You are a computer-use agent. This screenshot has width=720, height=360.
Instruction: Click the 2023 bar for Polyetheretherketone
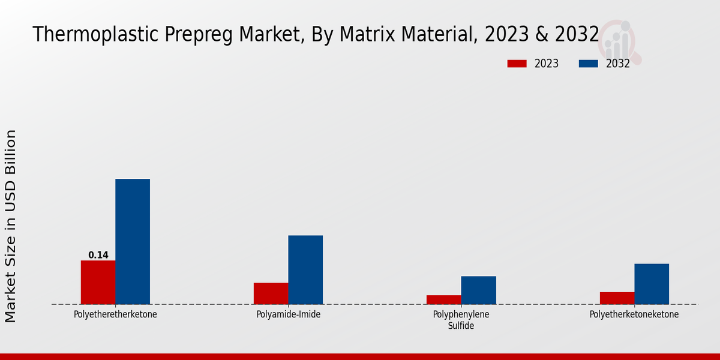tap(98, 282)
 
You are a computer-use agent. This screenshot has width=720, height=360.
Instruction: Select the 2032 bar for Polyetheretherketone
tap(133, 241)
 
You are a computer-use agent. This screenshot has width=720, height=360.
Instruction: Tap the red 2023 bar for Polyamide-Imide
tap(271, 293)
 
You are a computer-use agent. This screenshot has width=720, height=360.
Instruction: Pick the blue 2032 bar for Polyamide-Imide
tap(305, 269)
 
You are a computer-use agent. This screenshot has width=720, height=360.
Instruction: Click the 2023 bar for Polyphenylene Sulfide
tap(444, 299)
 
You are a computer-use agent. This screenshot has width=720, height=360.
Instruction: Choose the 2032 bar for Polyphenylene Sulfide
tap(479, 290)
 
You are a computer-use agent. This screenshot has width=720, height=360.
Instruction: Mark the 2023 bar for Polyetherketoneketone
tap(617, 298)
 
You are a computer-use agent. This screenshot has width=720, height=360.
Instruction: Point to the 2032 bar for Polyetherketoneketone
tap(652, 284)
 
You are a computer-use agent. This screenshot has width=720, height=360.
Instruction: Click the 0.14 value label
tap(98, 255)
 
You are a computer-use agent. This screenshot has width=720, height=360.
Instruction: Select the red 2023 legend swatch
tap(517, 64)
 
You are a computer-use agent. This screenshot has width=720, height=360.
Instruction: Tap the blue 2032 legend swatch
tap(589, 64)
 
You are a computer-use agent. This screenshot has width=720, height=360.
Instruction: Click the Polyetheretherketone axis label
tap(115, 314)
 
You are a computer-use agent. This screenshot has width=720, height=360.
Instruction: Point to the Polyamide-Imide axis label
tap(288, 314)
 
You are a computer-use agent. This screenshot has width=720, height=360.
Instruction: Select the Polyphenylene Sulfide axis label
tap(461, 320)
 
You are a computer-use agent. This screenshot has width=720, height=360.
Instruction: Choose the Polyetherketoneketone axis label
tap(634, 314)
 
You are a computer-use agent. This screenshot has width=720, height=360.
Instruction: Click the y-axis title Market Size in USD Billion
tap(11, 226)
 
